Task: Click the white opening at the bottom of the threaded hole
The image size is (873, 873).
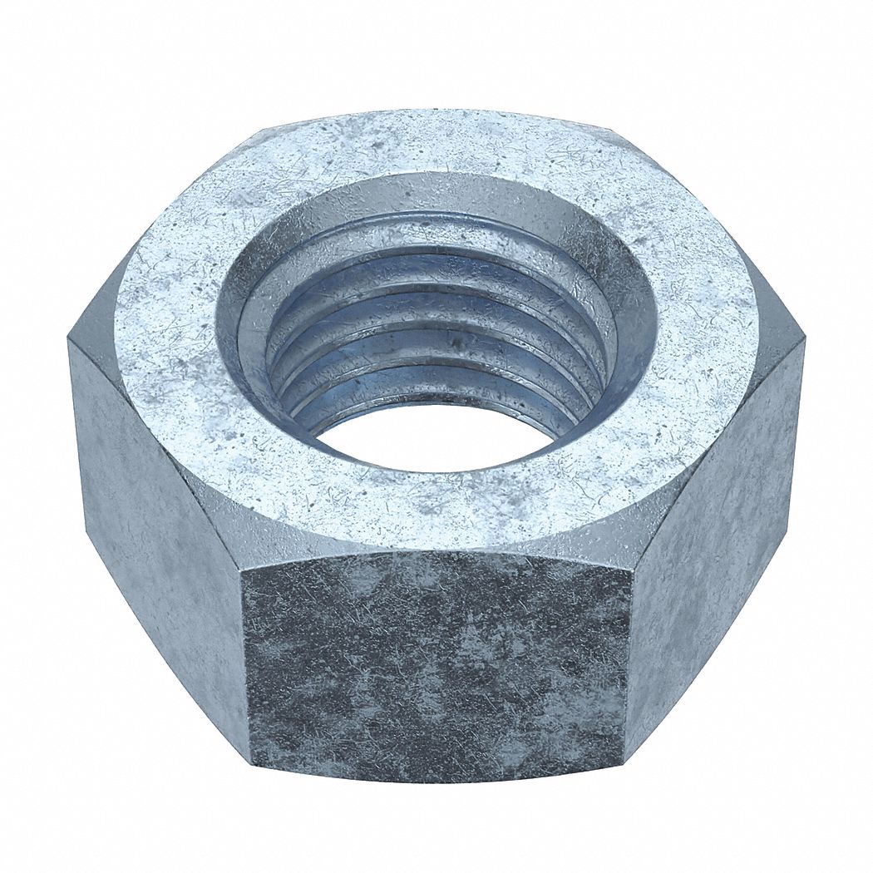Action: click(432, 436)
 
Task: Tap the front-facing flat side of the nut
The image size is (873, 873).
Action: click(436, 665)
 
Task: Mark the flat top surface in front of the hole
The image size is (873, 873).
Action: click(432, 507)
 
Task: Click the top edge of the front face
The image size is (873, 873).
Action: click(436, 553)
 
